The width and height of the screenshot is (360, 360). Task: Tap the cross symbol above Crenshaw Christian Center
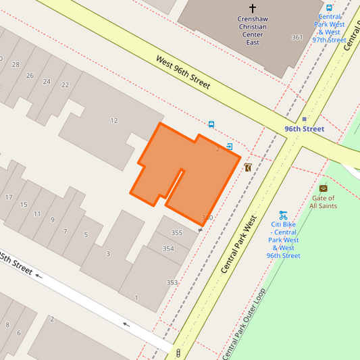point(253,8)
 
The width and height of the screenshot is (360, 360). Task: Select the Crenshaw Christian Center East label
point(253,26)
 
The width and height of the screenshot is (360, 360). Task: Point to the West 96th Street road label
point(183,72)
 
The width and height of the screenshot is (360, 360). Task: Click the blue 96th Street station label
point(304,128)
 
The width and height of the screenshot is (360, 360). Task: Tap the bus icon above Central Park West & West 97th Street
point(329,8)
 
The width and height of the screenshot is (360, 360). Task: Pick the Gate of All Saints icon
point(323,188)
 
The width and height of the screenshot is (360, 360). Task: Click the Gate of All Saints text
point(323,201)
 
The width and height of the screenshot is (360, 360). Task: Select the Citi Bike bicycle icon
point(283,214)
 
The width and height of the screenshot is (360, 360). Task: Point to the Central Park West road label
point(240,245)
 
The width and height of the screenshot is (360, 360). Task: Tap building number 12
point(114,121)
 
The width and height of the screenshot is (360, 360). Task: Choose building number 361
point(297,37)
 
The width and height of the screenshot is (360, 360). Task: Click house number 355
point(177,233)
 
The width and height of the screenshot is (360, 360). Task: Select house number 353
point(172,282)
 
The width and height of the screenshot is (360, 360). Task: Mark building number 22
point(65,85)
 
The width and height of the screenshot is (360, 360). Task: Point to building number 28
point(16,64)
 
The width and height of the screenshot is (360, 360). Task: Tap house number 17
point(9,197)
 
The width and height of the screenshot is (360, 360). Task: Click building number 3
point(108,254)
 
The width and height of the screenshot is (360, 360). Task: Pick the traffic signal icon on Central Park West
point(178,353)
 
